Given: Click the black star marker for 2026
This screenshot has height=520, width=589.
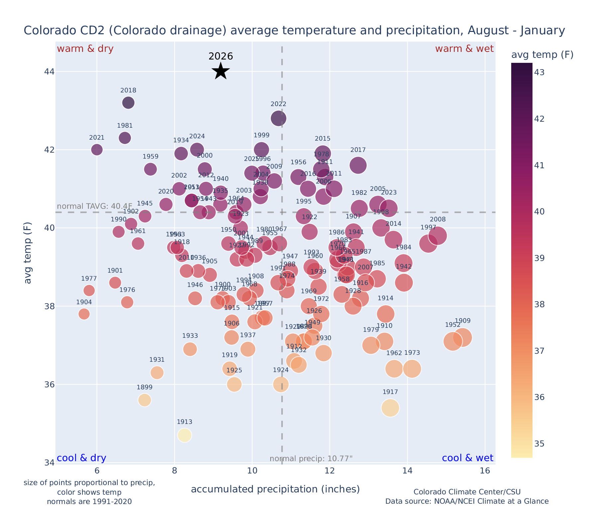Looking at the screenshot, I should pos(221,71).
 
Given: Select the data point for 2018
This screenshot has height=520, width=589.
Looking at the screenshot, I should pos(128,103).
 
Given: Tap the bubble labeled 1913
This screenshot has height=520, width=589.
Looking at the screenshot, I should pos(184,435).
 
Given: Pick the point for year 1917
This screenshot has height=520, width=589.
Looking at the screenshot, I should pos(390,408).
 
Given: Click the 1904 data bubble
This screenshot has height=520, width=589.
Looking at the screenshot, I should pos(84,314).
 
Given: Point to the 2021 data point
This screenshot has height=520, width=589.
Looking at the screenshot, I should pos(97,150).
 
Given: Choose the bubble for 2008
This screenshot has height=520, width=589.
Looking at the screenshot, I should pos(437,235).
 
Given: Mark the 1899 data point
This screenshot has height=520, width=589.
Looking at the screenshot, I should pos(145,400).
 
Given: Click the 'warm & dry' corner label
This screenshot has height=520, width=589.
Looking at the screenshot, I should pos(85,49).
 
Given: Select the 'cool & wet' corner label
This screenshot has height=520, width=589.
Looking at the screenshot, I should pos(467,458).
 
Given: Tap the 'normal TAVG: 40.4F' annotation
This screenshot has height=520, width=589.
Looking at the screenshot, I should pos(95,206).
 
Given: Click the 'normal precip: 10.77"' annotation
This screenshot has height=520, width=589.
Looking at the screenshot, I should pos(311,459).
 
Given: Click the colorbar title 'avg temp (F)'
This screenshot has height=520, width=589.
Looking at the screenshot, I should pos(542,55).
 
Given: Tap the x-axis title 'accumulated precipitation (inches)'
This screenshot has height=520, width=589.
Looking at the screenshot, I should pos(275,489).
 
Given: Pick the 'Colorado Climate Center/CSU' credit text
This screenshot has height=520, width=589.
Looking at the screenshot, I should pos(467,492).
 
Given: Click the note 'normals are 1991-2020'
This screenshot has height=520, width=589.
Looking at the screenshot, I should pos(89,501).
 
